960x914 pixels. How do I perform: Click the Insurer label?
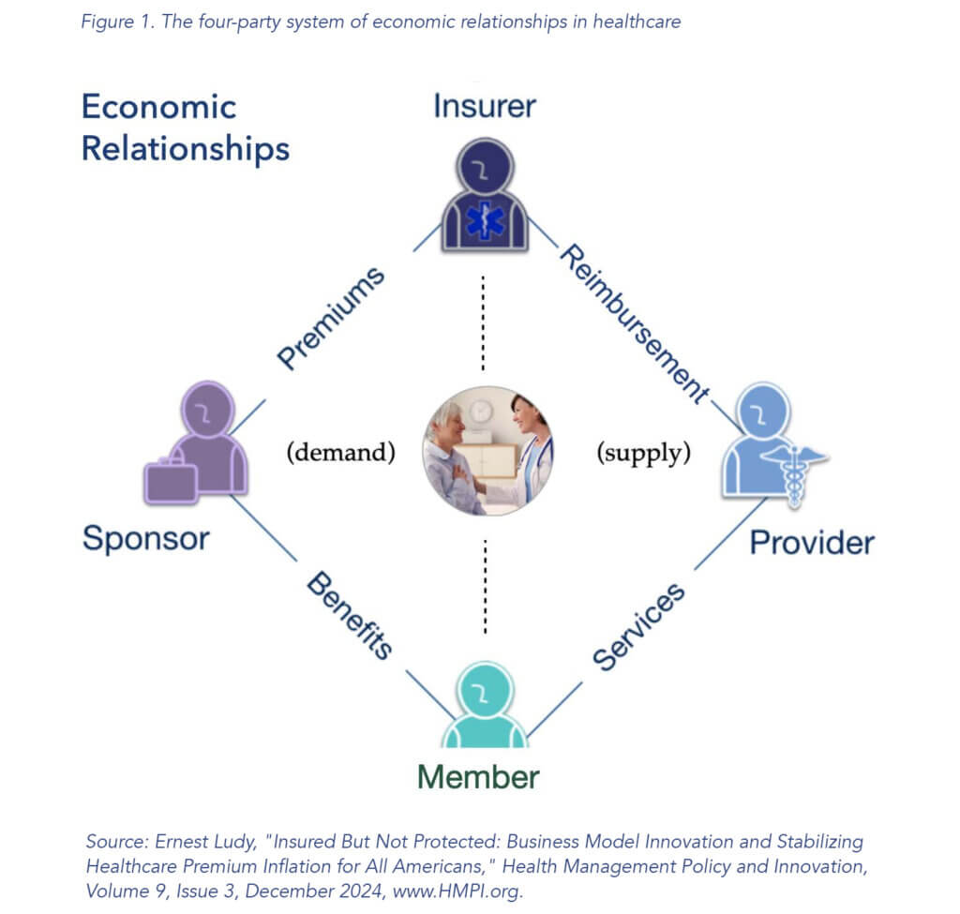click(485, 106)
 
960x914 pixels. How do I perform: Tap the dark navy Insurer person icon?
click(485, 195)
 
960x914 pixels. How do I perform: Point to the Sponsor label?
click(146, 539)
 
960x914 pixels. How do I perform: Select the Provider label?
click(812, 543)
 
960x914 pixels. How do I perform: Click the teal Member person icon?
click(485, 705)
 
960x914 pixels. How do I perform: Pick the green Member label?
click(478, 777)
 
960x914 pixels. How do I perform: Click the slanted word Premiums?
click(331, 319)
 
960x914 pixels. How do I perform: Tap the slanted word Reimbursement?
click(635, 323)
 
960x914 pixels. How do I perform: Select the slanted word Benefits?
click(350, 615)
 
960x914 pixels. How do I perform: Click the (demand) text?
click(341, 453)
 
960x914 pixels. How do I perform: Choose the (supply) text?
click(644, 453)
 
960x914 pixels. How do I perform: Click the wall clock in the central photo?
click(482, 412)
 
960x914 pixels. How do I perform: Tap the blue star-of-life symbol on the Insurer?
click(485, 220)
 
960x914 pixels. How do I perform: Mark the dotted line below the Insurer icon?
click(483, 323)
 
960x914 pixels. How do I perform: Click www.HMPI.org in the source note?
click(457, 891)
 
